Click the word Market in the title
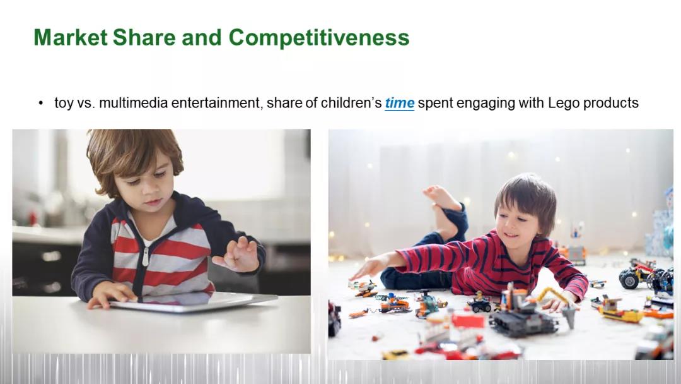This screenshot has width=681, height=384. coord(71,37)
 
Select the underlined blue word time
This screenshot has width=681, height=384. coord(400,103)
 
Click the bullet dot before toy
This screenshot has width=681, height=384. coord(41,104)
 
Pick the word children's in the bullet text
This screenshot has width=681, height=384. coord(351,103)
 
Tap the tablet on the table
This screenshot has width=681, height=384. coord(194,301)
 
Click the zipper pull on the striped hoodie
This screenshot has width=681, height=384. coord(146,256)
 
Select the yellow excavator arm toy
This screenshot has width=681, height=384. coord(558,303)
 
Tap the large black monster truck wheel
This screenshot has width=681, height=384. coord(629,279)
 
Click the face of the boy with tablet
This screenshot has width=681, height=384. coord(143,185)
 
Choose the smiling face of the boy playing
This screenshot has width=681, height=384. coord(518,226)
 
